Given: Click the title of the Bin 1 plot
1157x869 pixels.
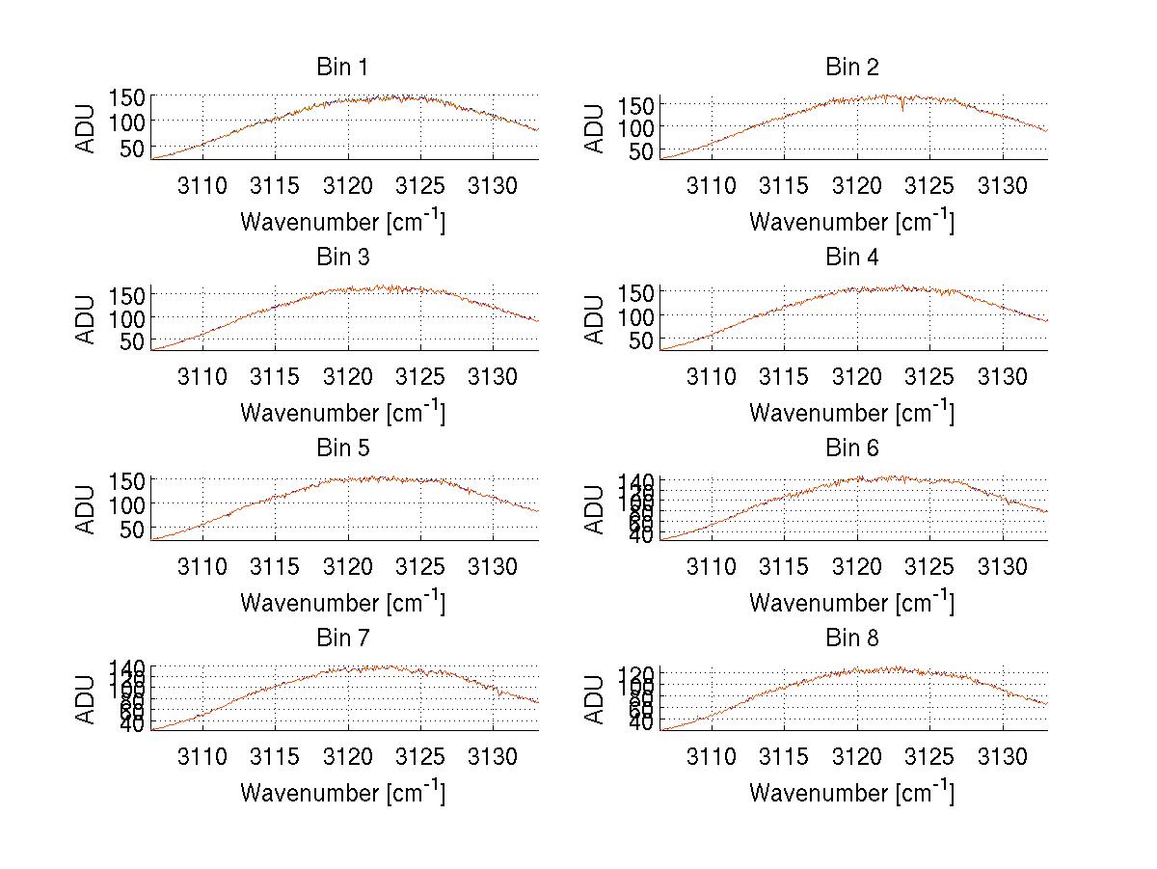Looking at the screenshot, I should click(x=342, y=67).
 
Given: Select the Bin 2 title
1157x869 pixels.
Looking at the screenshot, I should click(x=852, y=67).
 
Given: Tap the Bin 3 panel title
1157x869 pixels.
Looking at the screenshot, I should click(x=342, y=257).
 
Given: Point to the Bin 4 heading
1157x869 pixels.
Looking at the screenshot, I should click(x=852, y=257).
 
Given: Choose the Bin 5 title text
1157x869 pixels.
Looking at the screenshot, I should click(x=342, y=448).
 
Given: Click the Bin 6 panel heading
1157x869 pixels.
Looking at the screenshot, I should click(x=852, y=448).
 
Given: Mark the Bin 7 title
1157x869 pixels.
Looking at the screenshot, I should click(x=342, y=638).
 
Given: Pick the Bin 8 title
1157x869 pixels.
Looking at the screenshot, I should click(x=852, y=638).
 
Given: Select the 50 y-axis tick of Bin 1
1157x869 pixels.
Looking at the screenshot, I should click(x=131, y=148).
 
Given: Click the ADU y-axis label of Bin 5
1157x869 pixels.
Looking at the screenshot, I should click(x=87, y=508).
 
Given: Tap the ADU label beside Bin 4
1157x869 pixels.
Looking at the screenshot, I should click(x=596, y=318).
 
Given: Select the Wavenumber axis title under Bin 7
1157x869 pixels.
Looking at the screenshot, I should click(x=342, y=792).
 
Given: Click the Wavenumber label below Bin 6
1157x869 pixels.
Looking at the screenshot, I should click(x=852, y=602).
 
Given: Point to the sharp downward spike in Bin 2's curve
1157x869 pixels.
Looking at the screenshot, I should click(x=902, y=108).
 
